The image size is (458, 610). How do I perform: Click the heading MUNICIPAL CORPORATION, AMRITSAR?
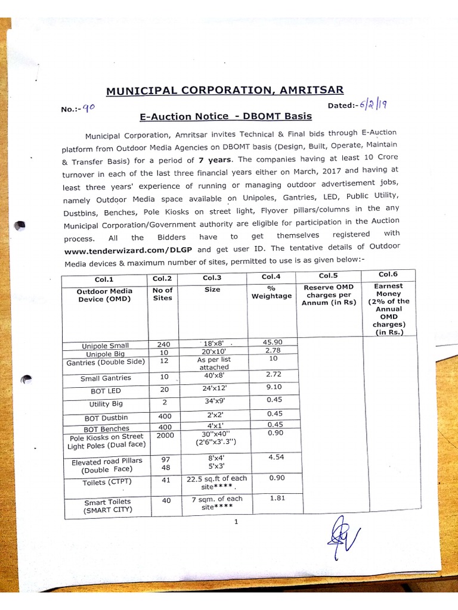tap(225, 90)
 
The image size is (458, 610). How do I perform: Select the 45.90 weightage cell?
tap(272, 341)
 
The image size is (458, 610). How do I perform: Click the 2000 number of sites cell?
tap(165, 435)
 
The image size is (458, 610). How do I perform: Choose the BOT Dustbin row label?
tap(106, 418)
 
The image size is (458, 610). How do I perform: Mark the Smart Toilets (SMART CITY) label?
tap(108, 506)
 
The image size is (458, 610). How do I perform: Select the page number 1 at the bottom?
tap(237, 522)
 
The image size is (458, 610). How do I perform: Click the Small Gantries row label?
tap(106, 378)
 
